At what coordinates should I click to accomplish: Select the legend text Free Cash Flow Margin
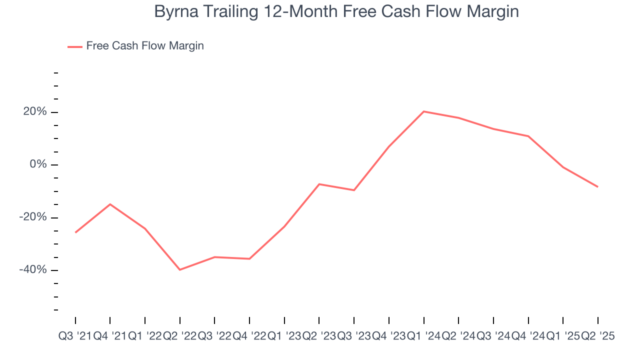[x=145, y=46]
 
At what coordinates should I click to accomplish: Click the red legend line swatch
[x=75, y=46]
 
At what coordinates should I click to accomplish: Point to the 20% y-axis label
[x=35, y=112]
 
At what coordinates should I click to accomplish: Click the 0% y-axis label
[x=38, y=164]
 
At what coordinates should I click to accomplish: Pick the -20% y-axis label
[x=33, y=217]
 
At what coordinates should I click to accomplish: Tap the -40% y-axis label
[x=33, y=270]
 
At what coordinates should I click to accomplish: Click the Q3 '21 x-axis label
[x=75, y=336]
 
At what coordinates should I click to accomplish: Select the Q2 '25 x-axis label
[x=597, y=336]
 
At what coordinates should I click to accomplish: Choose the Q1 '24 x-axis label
[x=423, y=336]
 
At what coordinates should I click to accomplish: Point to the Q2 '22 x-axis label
[x=179, y=336]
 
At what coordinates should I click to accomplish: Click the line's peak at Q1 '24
[x=423, y=111]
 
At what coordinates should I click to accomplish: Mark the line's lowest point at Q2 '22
[x=179, y=270]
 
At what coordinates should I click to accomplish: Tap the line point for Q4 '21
[x=110, y=204]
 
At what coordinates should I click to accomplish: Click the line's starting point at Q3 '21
[x=75, y=232]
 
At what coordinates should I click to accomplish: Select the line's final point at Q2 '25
[x=597, y=187]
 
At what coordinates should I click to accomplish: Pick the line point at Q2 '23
[x=319, y=184]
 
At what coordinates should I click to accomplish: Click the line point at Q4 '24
[x=528, y=136]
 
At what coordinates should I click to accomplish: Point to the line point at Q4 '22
[x=249, y=258]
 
